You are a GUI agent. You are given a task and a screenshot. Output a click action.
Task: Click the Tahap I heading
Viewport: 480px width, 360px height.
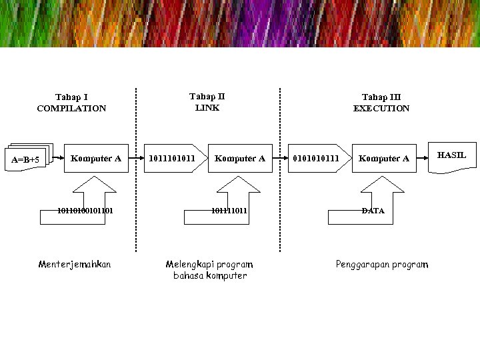click(71, 97)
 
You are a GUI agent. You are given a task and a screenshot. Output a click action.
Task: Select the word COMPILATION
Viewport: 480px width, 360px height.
click(71, 108)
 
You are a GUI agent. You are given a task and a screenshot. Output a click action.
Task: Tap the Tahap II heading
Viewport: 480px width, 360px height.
click(207, 97)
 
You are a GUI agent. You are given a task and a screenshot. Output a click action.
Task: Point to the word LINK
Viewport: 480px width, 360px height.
click(207, 107)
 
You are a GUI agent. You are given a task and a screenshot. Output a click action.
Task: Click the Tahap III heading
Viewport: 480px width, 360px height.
click(381, 97)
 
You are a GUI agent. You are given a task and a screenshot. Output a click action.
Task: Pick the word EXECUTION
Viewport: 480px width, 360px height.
click(381, 108)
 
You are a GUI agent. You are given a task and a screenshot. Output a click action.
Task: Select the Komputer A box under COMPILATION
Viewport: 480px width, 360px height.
click(96, 159)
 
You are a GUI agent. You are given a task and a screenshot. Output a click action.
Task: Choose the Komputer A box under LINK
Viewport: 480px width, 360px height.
click(240, 159)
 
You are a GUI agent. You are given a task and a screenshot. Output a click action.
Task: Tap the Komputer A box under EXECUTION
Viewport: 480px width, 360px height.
click(384, 159)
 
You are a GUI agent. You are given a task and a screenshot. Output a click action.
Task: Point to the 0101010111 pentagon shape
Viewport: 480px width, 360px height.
click(317, 159)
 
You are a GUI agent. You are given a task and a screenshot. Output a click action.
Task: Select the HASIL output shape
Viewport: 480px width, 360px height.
click(451, 157)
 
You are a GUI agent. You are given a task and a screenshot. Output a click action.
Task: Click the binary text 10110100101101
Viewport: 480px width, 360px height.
click(85, 211)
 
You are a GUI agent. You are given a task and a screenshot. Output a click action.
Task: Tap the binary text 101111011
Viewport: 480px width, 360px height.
click(229, 211)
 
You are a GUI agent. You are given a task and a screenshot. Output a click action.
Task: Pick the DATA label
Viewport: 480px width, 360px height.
click(373, 211)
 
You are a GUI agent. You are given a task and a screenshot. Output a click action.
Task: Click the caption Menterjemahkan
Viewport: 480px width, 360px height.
click(75, 265)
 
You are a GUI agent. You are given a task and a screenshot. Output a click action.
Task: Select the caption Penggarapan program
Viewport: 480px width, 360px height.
click(382, 265)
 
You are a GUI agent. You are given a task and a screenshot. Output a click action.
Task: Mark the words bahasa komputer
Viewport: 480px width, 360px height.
click(210, 275)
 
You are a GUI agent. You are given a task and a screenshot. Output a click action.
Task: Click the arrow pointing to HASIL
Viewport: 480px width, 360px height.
click(422, 159)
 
